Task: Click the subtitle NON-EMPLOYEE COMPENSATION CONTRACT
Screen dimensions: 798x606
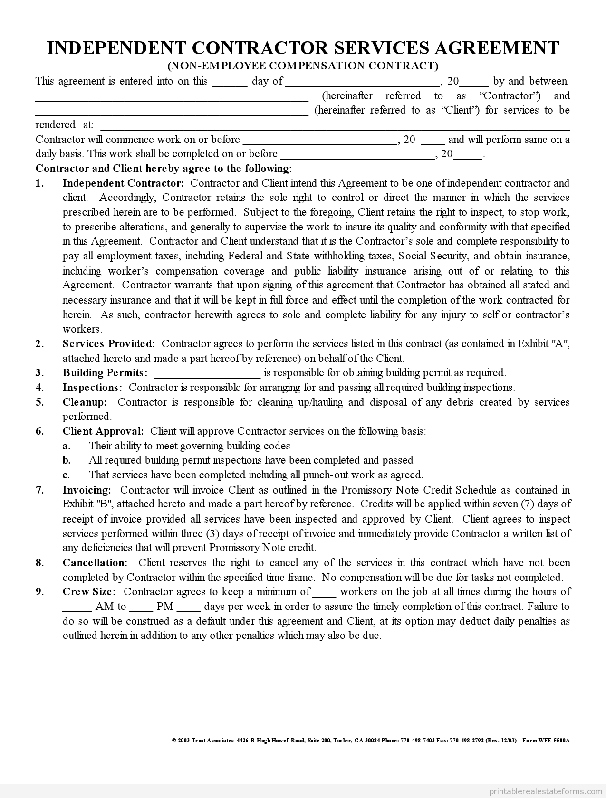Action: pos(303,66)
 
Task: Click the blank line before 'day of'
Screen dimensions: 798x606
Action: pos(229,85)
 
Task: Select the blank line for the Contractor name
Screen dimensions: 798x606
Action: pos(172,99)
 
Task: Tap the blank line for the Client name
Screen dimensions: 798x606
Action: pos(172,114)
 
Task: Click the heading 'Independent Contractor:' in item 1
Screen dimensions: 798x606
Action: pos(123,183)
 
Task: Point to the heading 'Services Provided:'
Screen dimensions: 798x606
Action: pos(109,344)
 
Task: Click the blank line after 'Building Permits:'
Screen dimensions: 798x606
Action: pos(207,376)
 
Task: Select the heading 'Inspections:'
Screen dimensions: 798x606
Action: pos(93,388)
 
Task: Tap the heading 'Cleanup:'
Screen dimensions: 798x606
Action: pos(85,402)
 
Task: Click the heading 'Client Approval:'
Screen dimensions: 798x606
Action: pos(103,431)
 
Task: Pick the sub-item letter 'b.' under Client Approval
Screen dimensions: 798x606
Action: pos(67,460)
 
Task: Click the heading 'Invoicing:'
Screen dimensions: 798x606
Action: pos(87,490)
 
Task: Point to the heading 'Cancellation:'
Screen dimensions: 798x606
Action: pos(95,563)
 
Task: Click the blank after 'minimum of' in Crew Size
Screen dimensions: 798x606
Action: pos(324,595)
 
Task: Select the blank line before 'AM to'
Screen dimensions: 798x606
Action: pos(77,610)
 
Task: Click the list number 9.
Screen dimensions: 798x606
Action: pos(39,592)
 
